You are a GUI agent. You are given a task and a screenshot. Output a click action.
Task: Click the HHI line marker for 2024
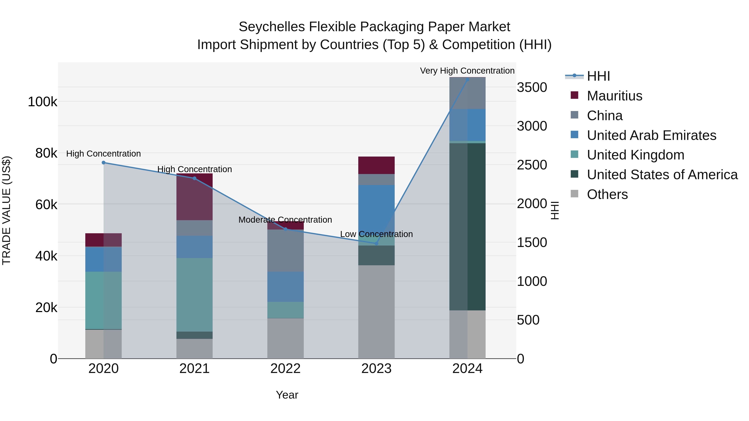467,79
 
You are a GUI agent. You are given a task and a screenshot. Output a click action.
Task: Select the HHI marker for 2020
104,163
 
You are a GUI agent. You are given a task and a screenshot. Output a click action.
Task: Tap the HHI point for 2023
376,243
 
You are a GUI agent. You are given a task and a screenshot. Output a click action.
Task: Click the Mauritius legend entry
614,96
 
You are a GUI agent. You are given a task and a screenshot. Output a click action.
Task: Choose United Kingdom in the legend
635,155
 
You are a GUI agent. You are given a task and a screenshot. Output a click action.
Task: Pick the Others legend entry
607,194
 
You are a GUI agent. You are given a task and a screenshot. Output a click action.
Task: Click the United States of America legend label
662,175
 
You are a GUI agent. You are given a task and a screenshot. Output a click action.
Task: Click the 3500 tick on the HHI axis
532,88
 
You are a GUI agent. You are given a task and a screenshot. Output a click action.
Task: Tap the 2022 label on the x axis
285,369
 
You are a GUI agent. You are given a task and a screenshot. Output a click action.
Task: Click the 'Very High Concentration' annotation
467,71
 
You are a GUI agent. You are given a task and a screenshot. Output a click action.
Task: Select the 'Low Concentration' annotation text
376,234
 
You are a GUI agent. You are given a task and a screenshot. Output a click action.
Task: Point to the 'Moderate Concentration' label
285,220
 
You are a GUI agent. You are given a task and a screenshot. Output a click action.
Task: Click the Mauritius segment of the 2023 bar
376,165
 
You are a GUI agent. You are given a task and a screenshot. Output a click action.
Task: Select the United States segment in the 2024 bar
467,227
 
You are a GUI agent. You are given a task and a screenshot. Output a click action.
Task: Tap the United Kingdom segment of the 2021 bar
194,295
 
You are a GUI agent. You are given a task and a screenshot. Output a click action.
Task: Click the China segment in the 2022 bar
285,251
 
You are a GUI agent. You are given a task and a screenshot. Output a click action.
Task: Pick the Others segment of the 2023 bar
376,312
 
